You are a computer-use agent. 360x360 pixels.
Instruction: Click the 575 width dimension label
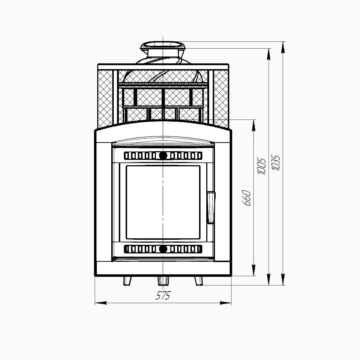tap(163, 296)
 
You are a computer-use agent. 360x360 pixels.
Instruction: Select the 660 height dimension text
tap(247, 198)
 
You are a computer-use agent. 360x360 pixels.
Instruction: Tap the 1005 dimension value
tap(261, 166)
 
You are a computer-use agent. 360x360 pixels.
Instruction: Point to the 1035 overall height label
tap(275, 163)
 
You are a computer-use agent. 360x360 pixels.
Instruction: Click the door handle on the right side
tap(211, 208)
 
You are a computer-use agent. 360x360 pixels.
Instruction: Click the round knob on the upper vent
tap(163, 156)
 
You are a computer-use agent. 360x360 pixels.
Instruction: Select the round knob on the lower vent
tap(163, 249)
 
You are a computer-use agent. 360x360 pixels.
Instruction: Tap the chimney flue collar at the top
tap(163, 49)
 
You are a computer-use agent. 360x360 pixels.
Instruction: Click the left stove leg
tap(127, 281)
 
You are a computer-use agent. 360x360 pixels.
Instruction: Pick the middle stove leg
tap(163, 281)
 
